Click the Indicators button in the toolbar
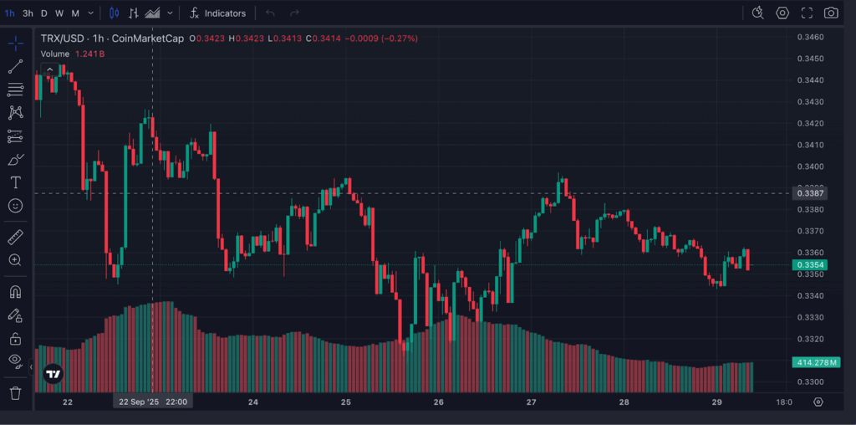click(217, 13)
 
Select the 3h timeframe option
click(28, 13)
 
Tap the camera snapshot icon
click(830, 13)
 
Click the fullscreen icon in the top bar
click(807, 13)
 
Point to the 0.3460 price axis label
click(811, 38)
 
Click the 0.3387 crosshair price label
click(811, 194)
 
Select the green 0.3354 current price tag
click(811, 265)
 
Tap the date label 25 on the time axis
click(346, 402)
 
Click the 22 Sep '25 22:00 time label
click(152, 402)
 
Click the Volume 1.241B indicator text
click(73, 54)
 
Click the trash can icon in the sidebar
click(15, 392)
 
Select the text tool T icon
click(15, 182)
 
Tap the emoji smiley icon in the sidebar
click(15, 205)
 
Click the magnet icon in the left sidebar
click(15, 293)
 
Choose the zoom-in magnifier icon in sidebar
click(15, 260)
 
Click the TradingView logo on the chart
click(53, 374)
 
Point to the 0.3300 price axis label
click(811, 382)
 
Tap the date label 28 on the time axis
click(624, 402)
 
